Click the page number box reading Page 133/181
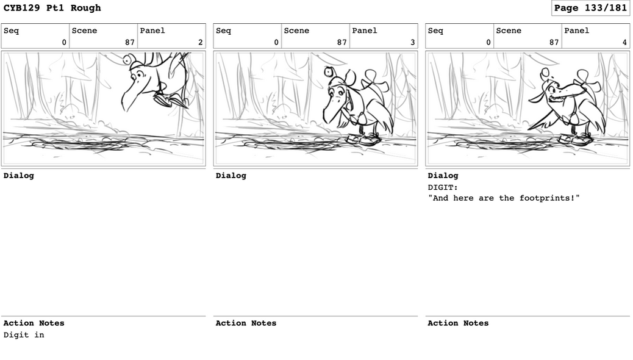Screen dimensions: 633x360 [590, 8]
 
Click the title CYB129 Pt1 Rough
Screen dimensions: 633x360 [52, 8]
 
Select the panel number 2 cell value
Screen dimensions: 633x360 [200, 43]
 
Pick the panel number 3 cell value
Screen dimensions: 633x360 [413, 43]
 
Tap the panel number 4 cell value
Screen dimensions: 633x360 [624, 43]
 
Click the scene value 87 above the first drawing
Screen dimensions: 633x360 [129, 43]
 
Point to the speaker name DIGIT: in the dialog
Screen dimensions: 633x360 [443, 187]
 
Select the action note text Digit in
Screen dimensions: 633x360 [24, 335]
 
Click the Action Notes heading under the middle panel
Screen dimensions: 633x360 [246, 323]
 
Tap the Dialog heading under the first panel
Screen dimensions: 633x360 [18, 175]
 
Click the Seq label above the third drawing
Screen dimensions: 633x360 [435, 31]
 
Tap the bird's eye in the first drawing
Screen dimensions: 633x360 [140, 75]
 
